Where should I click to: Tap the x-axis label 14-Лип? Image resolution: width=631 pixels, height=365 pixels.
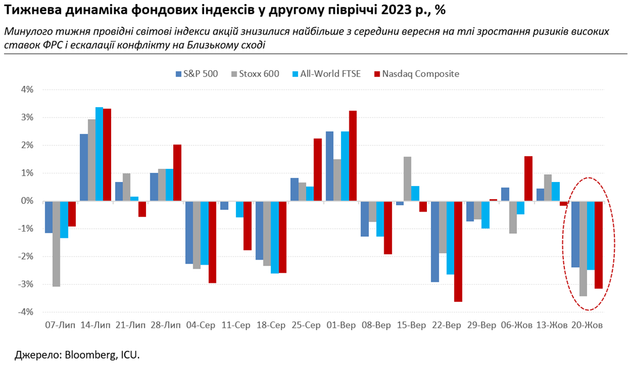coord(95,326)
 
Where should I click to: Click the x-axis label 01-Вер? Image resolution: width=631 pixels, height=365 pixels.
coord(341,326)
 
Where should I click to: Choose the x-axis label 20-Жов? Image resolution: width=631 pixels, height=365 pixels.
coord(587,326)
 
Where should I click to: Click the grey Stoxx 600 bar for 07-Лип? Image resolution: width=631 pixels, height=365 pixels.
coord(56,244)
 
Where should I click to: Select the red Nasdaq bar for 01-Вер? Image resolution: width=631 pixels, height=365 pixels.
coord(353,156)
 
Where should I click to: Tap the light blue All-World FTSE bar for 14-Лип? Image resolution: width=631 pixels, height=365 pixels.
coord(99,154)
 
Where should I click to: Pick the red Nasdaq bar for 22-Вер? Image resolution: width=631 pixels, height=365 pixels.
coord(458,251)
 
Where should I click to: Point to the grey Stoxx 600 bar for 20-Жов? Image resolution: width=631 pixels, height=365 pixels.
coord(583,248)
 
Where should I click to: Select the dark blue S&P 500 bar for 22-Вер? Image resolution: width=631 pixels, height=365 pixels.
coord(435,241)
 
